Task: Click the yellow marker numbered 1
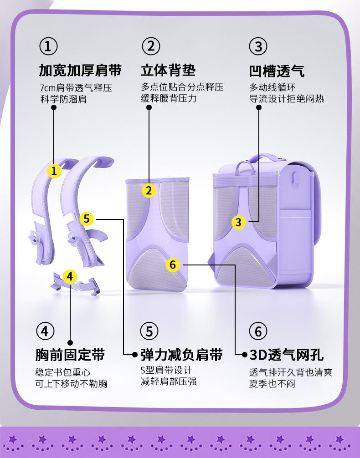(x=55, y=171)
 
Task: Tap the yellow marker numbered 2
(x=149, y=190)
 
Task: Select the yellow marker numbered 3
(x=238, y=222)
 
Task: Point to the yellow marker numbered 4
(x=70, y=276)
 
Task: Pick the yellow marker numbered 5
(x=87, y=219)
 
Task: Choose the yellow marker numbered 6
(x=172, y=264)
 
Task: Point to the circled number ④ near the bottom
(x=45, y=331)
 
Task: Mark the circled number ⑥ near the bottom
(x=258, y=331)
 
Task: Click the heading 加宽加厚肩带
(x=80, y=71)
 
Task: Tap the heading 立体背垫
(x=168, y=71)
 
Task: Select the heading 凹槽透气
(x=277, y=71)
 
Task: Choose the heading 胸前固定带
(x=70, y=355)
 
